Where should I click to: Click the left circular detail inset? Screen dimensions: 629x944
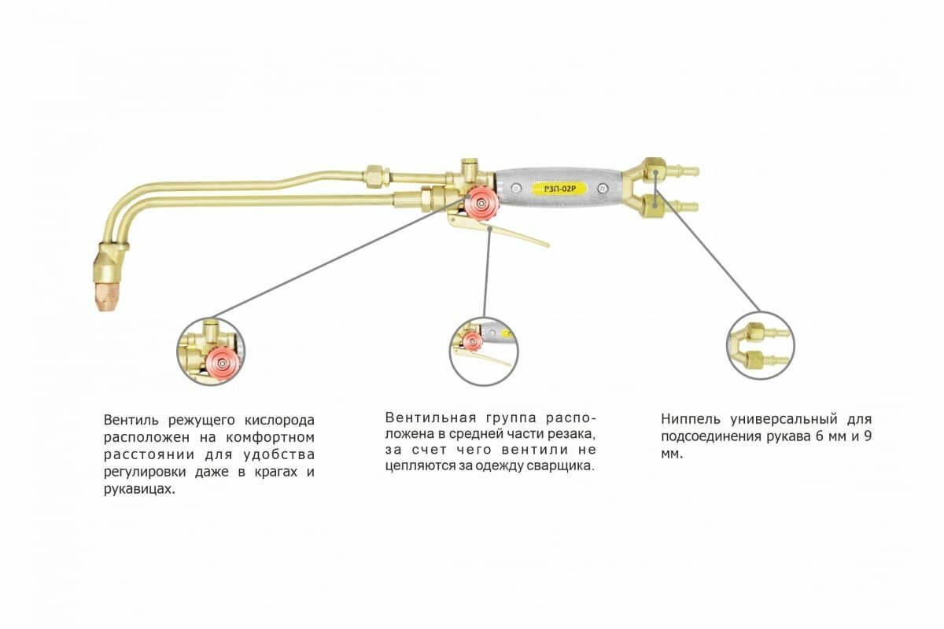(211, 351)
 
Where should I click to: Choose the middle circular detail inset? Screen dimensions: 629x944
(483, 351)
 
